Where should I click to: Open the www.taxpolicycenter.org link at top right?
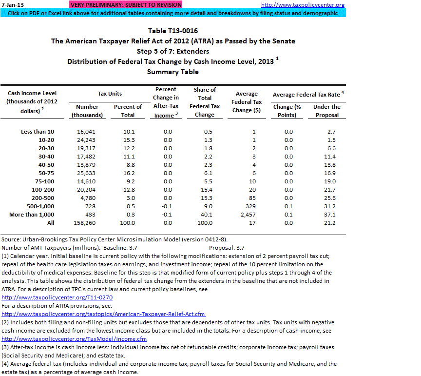[x=309, y=5]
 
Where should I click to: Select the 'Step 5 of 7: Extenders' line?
[x=173, y=51]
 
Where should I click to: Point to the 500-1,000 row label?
[x=39, y=206]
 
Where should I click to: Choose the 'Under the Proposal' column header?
[x=326, y=111]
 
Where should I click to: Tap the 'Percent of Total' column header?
[x=128, y=111]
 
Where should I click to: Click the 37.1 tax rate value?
[x=330, y=215]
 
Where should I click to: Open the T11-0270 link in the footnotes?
[x=57, y=297]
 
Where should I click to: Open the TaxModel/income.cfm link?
[x=74, y=339]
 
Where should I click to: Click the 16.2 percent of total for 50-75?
[x=128, y=173]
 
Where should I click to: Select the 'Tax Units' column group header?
[x=110, y=94]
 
